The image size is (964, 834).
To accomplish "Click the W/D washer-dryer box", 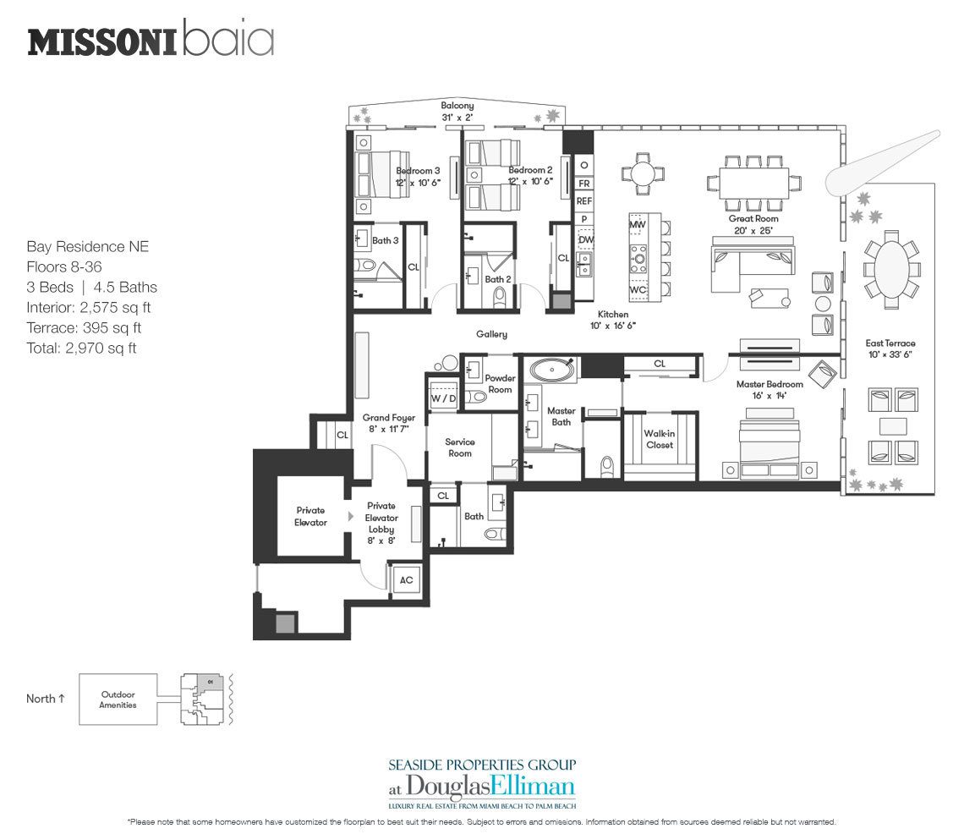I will pyautogui.click(x=442, y=398).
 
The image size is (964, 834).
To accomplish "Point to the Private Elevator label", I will pyautogui.click(x=310, y=516).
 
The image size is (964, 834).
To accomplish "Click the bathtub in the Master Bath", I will pyautogui.click(x=551, y=370).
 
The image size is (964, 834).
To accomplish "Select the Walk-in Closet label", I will pyautogui.click(x=660, y=439).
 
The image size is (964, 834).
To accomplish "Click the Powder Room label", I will pyautogui.click(x=500, y=384).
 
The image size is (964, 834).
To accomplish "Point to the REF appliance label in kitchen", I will pyautogui.click(x=583, y=201).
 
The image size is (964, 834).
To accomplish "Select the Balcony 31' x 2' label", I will pyautogui.click(x=457, y=111).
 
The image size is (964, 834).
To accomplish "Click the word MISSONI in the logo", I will pyautogui.click(x=101, y=41).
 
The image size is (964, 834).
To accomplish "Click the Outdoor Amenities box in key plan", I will pyautogui.click(x=118, y=700).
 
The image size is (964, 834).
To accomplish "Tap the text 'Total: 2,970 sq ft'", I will pyautogui.click(x=81, y=348).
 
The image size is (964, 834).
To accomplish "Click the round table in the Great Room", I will pyautogui.click(x=641, y=173).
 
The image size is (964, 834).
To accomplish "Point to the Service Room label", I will pyautogui.click(x=459, y=447).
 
